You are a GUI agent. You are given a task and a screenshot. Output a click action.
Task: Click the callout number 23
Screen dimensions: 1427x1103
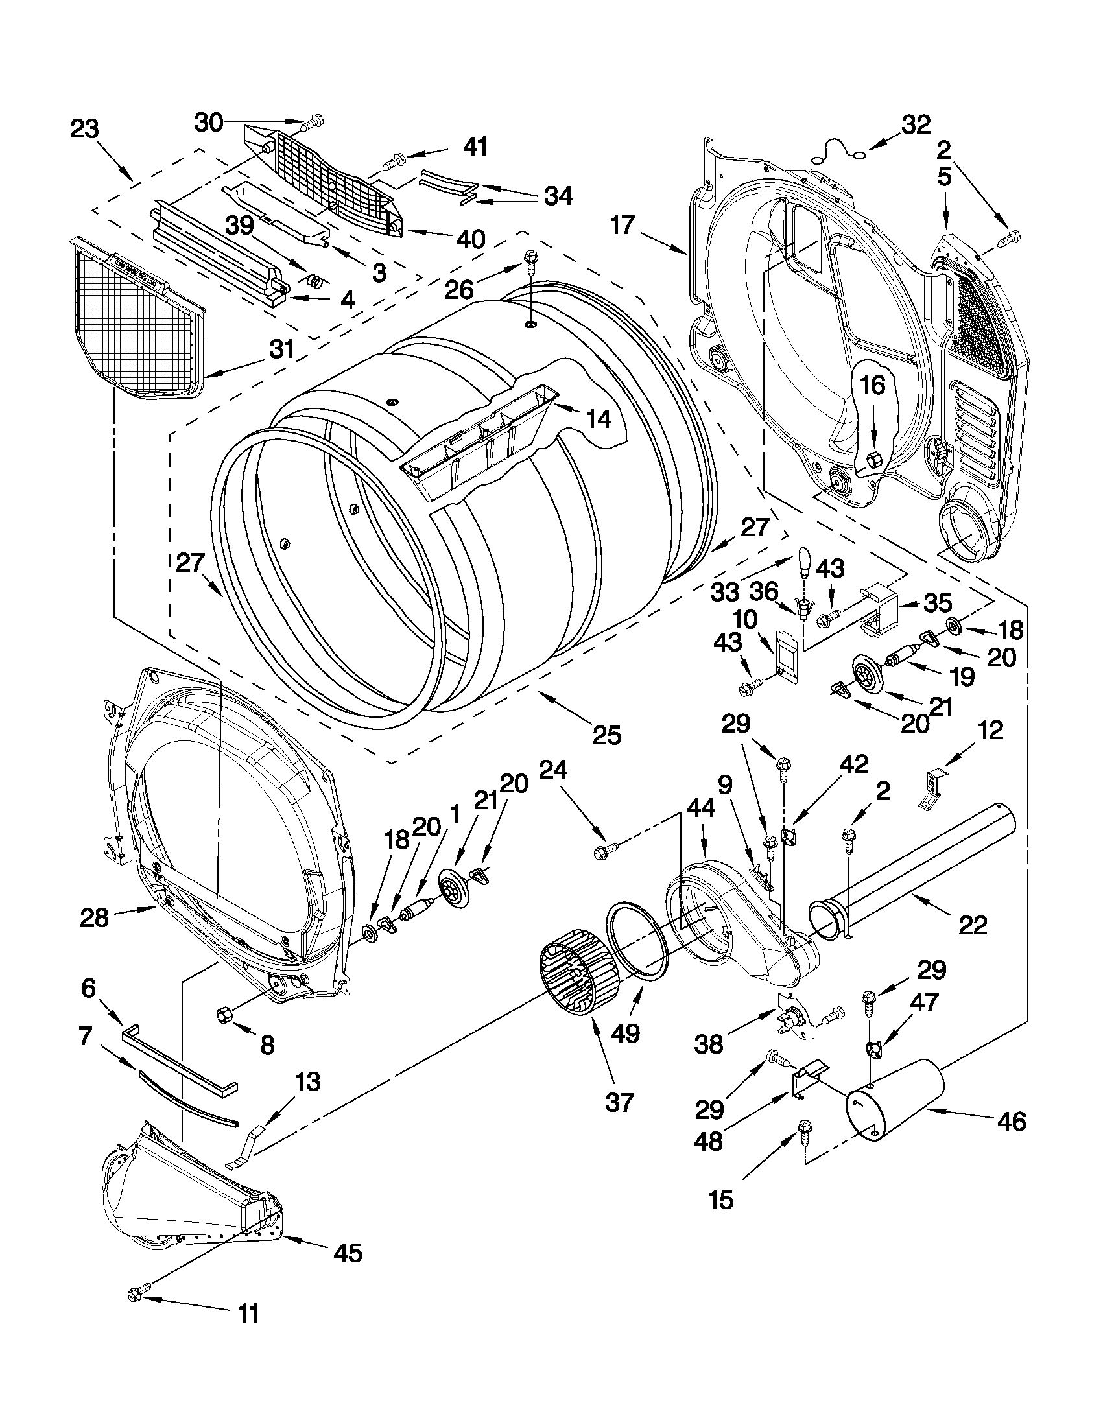pos(84,129)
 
